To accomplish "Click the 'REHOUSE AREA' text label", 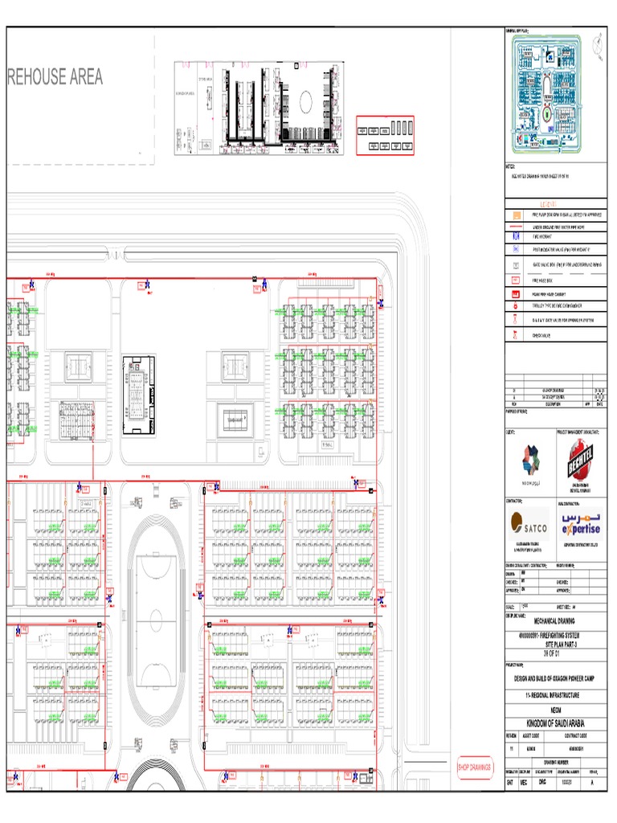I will coord(55,77).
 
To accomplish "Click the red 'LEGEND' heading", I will coord(554,204).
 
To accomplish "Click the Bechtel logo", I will coord(582,462).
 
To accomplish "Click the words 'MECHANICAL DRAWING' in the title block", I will coord(555,620).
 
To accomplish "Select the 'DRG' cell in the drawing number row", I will coord(541,780).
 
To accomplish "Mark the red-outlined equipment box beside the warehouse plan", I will coord(385,135).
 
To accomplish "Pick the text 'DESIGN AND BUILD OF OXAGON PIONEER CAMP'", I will coord(555,678).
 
